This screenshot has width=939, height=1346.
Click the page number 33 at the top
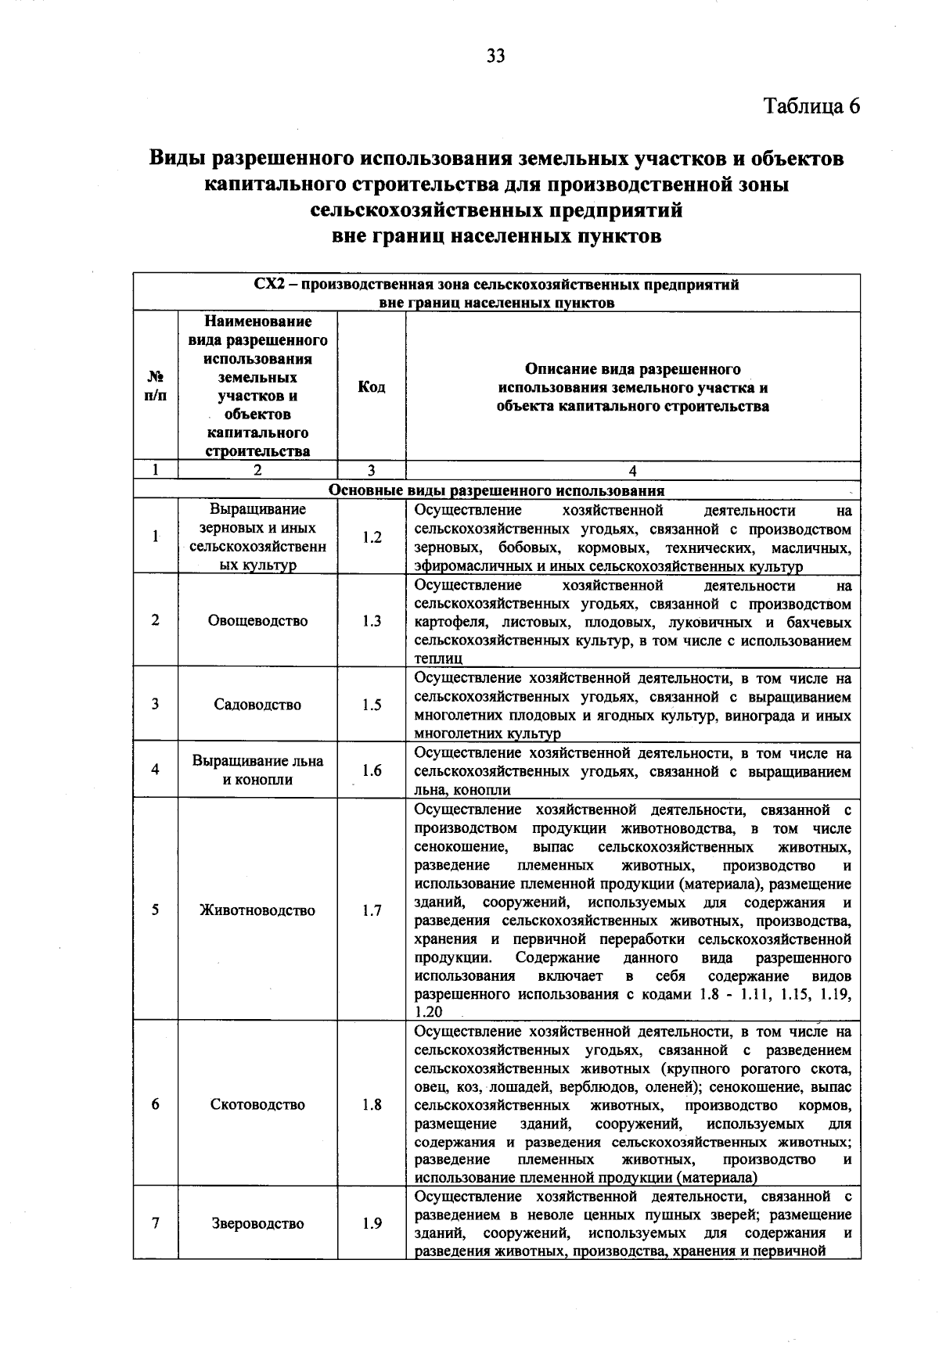coord(496,56)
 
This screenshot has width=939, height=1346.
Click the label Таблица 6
coord(811,106)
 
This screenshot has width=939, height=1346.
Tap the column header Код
coord(371,387)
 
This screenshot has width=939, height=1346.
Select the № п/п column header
coord(156,387)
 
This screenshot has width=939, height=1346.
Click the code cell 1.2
coord(372,537)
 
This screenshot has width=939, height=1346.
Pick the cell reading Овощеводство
coord(257,621)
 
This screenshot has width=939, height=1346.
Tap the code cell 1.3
coord(372,621)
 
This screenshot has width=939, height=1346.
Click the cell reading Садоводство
coord(257,705)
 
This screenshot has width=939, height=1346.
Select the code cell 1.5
coord(372,705)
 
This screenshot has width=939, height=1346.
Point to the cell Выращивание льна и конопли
coord(257,770)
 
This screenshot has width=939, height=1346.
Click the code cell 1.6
coord(372,770)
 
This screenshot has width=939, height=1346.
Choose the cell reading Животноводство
coord(257,910)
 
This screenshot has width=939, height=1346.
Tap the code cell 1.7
coord(372,910)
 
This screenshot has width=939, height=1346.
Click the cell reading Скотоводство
coord(257,1105)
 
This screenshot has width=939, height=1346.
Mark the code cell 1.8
coord(372,1105)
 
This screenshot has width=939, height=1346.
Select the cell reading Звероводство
coord(257,1224)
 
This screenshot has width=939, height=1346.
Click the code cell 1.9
coord(372,1224)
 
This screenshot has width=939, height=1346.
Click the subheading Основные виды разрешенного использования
coord(496,491)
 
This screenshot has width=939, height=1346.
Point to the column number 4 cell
coord(632,470)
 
